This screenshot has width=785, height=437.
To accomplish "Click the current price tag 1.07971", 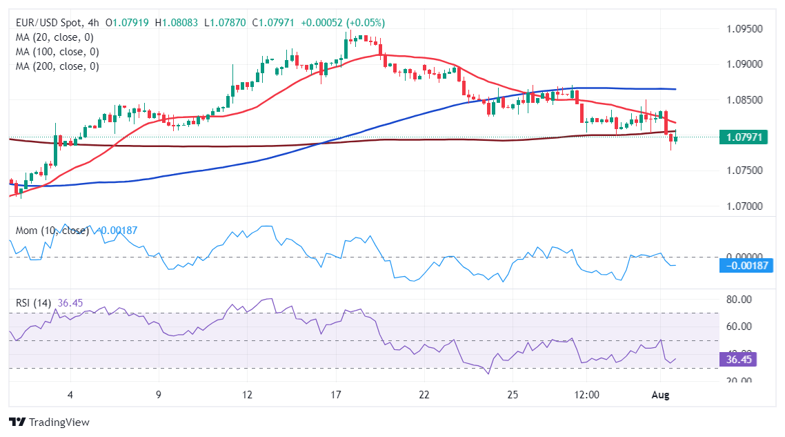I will click(x=744, y=137).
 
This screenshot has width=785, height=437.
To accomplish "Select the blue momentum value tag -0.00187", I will click(x=746, y=265).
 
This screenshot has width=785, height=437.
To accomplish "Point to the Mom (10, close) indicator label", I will click(x=49, y=231).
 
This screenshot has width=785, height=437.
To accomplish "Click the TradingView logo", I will click(x=49, y=422).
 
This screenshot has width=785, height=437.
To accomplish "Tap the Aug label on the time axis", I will click(x=661, y=394).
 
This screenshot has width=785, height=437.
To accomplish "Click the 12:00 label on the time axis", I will click(x=586, y=394).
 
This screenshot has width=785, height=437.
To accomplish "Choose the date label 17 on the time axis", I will click(x=336, y=394).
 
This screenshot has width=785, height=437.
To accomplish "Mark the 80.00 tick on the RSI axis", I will click(x=739, y=299).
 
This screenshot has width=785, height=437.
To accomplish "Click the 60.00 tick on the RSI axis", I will click(x=739, y=326).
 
